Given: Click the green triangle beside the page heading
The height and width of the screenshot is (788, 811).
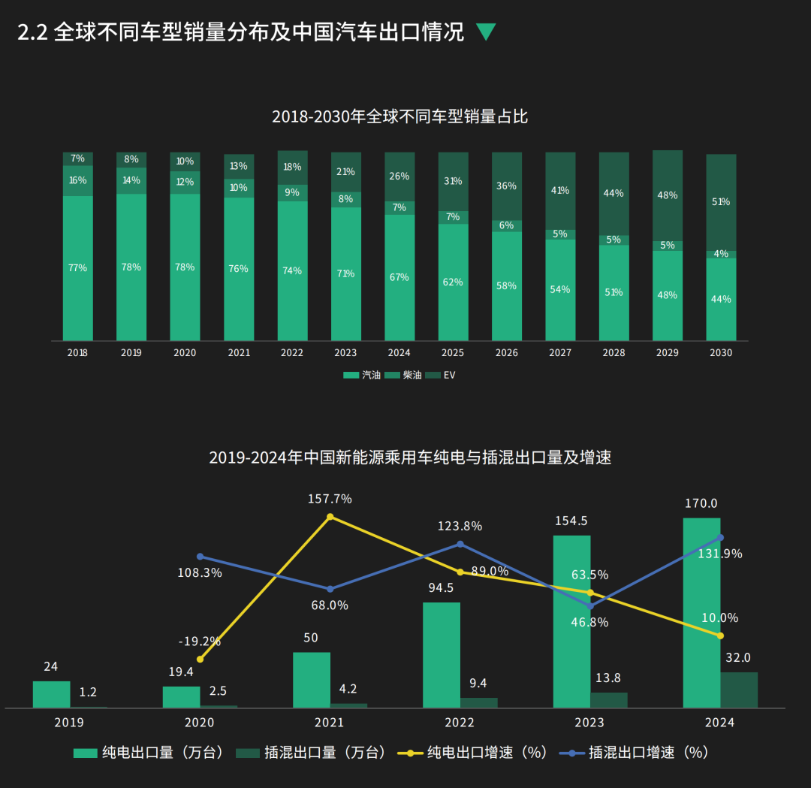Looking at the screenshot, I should click(x=486, y=32).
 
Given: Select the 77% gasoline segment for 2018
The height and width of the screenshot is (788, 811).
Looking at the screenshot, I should click(x=78, y=268).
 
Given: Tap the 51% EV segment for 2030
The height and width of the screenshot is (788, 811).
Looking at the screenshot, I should click(x=721, y=202).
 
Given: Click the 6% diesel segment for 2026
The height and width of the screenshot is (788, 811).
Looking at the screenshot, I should click(x=507, y=225).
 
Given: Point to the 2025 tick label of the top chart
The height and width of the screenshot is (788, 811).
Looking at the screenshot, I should click(x=453, y=352).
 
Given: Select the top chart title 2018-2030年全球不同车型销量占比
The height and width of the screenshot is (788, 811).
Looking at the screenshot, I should click(x=400, y=116).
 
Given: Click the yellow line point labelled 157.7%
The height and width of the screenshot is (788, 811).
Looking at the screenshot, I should click(x=330, y=516).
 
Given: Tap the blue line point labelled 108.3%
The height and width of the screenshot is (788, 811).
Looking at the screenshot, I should click(x=200, y=557).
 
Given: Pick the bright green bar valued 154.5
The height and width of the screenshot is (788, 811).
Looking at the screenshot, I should click(x=571, y=621).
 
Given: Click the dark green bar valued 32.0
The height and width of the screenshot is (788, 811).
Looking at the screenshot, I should click(x=739, y=690).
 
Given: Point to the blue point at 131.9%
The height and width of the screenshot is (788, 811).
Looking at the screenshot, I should click(x=720, y=537).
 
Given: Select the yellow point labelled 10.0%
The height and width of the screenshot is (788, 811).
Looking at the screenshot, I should click(x=720, y=636).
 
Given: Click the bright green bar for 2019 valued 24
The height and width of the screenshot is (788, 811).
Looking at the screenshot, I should click(x=52, y=694).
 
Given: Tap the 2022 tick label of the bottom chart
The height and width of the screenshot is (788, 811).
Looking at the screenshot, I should click(x=460, y=723).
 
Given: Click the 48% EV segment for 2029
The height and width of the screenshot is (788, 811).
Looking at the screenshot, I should click(x=668, y=195).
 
